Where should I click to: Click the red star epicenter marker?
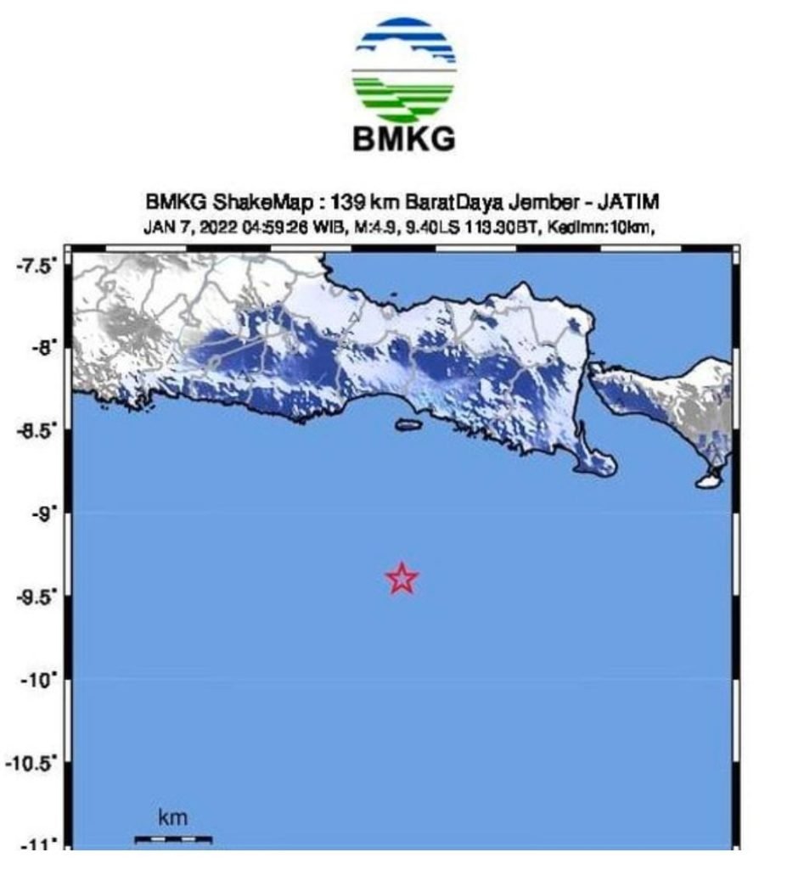[402, 579]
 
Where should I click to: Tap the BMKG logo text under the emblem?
[404, 138]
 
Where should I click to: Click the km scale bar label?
[172, 819]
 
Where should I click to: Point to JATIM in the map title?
[628, 203]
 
